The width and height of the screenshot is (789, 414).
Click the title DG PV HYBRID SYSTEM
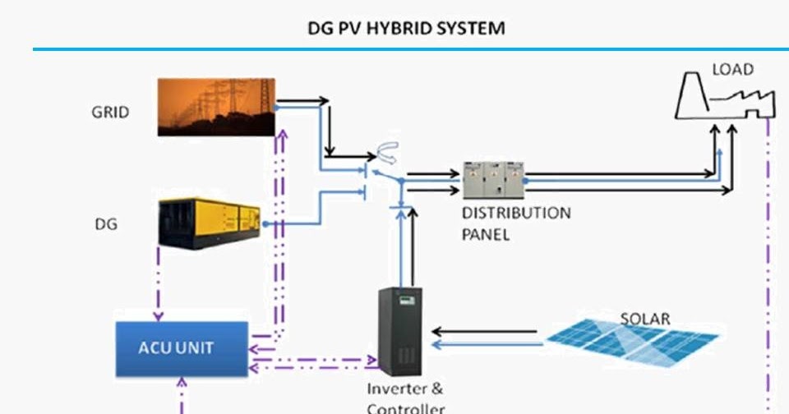click(x=405, y=28)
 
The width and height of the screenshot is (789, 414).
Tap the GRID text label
click(x=110, y=113)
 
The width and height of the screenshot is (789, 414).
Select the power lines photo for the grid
click(x=217, y=106)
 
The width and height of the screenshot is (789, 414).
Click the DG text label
click(x=106, y=223)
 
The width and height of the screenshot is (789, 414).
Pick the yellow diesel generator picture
click(x=210, y=223)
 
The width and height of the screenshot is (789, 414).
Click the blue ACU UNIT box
click(x=180, y=348)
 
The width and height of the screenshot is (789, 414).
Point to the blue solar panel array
click(x=633, y=338)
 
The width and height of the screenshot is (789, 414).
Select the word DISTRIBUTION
click(x=515, y=214)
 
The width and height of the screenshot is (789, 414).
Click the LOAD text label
click(x=731, y=70)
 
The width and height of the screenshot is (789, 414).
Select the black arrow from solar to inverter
click(x=485, y=332)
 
